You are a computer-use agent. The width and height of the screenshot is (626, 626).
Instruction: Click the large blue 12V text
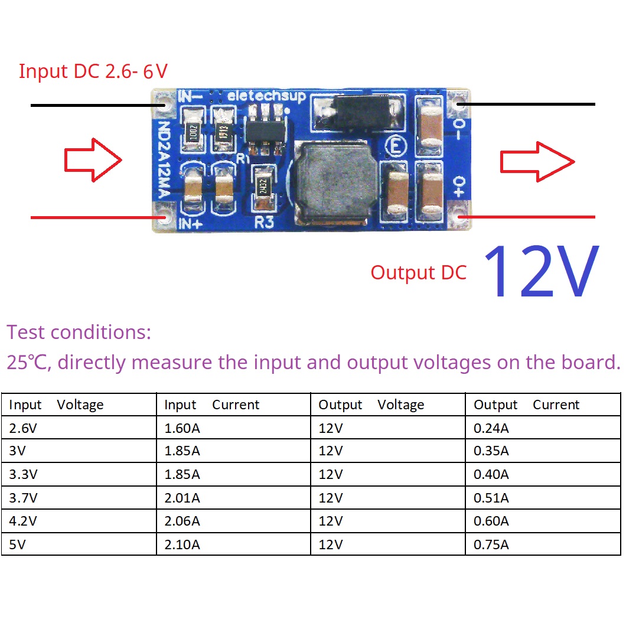pos(542,271)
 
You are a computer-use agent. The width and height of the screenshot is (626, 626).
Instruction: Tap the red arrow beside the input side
pos(93,160)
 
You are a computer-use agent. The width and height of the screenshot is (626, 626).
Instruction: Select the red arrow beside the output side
pos(537,162)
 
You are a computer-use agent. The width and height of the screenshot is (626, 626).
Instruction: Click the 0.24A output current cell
pos(491,428)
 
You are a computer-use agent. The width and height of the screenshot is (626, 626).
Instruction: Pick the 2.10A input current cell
pos(182,544)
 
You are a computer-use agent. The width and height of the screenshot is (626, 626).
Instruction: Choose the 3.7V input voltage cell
pos(23,497)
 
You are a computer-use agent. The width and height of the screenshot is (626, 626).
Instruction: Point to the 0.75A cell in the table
pos(491,544)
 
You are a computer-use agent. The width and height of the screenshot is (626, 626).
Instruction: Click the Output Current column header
pos(526,405)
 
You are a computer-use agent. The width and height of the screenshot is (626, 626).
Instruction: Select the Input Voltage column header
pos(56,405)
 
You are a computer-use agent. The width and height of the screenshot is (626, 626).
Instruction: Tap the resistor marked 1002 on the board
pos(194,132)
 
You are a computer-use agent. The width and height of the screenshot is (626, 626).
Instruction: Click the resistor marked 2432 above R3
pos(263,187)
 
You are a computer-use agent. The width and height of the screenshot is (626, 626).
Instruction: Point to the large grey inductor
pos(335,182)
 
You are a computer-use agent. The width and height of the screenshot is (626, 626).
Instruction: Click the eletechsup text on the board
pos(266,96)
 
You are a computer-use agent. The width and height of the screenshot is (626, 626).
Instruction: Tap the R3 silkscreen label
pos(265,222)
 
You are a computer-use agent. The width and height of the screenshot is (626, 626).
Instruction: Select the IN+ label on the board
pos(190,224)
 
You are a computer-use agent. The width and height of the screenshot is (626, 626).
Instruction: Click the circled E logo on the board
pos(396,146)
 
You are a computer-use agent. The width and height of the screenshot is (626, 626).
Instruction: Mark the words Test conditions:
pos(79,332)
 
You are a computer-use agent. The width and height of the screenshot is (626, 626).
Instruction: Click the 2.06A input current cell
pos(182,521)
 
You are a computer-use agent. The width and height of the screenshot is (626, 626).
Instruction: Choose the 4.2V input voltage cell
pos(23,521)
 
